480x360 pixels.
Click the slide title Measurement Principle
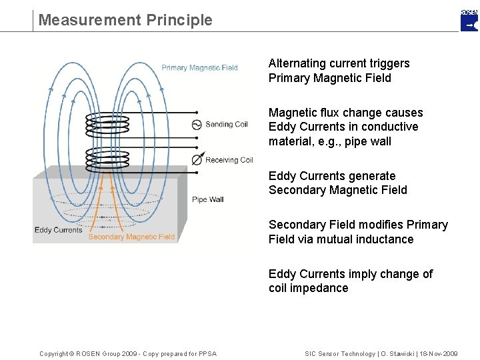(125, 20)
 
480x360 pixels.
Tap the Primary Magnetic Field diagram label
(199, 67)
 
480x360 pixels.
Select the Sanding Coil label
(226, 125)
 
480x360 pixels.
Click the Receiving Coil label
(229, 160)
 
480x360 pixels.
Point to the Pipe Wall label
(207, 199)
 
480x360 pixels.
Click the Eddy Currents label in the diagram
(58, 230)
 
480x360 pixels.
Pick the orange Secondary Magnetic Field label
(131, 237)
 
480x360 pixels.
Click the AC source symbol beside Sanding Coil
(197, 125)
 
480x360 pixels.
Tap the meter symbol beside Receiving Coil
(197, 160)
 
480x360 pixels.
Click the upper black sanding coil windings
(107, 124)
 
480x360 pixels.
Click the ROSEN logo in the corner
(469, 21)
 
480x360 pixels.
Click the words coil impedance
(308, 288)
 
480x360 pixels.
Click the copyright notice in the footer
(127, 353)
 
